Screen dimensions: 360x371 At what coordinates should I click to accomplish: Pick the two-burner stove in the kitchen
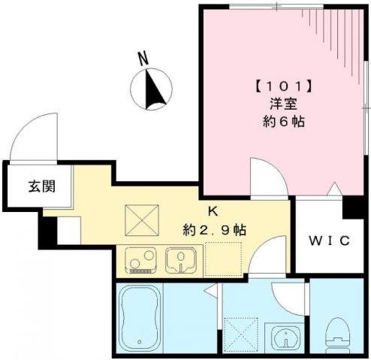pyautogui.click(x=140, y=260)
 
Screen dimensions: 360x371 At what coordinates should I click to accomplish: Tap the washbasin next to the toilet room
pyautogui.click(x=285, y=338)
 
